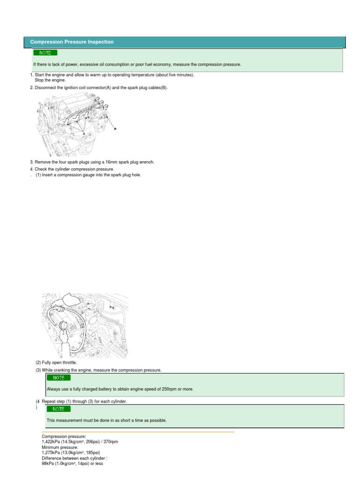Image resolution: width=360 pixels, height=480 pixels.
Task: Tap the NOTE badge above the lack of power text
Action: (x=45, y=53)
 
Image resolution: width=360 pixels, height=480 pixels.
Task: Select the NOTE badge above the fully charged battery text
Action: (x=59, y=377)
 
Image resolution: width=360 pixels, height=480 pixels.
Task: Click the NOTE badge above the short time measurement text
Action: (x=59, y=409)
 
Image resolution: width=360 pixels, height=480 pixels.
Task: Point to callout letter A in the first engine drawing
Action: (x=115, y=128)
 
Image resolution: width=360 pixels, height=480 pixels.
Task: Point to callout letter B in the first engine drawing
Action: (x=84, y=134)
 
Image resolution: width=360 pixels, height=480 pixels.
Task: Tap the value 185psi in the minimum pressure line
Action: (x=92, y=453)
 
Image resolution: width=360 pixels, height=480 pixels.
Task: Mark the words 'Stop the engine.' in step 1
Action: (x=51, y=80)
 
